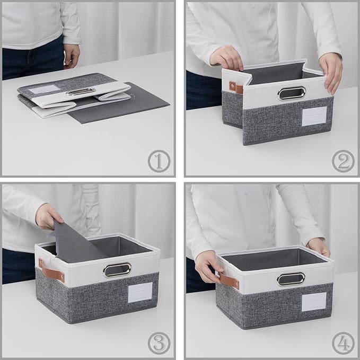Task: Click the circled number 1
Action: [x=159, y=161]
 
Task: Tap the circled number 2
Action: [x=343, y=161]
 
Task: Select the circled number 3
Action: [x=159, y=344]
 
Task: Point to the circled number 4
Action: [x=343, y=344]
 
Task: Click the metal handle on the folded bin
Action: [x=81, y=91]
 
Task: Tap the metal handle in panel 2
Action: [x=291, y=94]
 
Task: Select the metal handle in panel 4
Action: [x=291, y=278]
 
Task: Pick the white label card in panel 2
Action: [x=314, y=116]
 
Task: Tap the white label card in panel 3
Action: [x=140, y=292]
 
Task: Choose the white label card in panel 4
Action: [x=314, y=302]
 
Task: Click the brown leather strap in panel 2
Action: [x=232, y=87]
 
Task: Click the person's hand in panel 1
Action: [x=72, y=55]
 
